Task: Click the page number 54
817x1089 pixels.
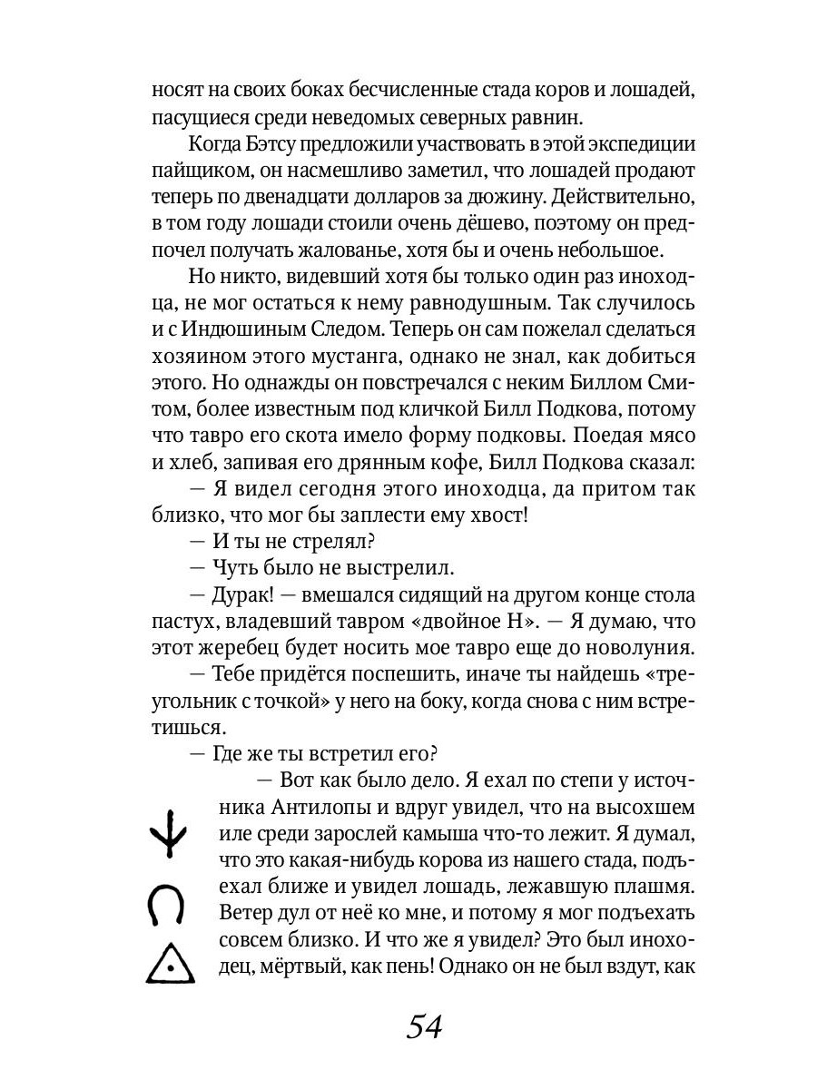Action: point(424,1026)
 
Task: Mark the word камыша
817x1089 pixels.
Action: point(447,833)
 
